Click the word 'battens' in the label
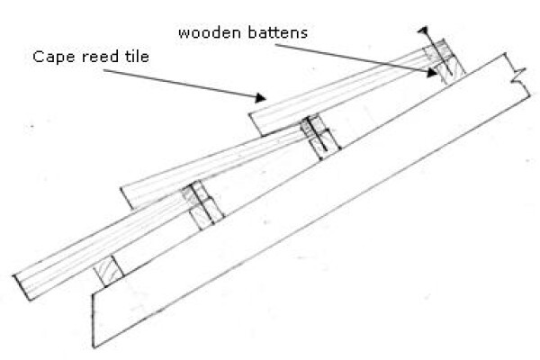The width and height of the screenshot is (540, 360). (277, 32)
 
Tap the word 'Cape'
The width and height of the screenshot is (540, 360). (53, 58)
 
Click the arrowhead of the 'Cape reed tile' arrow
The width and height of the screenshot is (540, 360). (261, 98)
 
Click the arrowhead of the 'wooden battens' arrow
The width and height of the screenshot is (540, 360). (431, 72)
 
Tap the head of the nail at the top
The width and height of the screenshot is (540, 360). (423, 30)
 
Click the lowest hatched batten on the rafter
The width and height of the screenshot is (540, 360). (109, 271)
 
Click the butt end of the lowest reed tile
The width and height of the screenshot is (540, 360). (22, 288)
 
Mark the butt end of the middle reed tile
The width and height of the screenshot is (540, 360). (127, 198)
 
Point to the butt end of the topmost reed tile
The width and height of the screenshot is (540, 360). (256, 125)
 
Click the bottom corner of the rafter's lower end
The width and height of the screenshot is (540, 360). (93, 347)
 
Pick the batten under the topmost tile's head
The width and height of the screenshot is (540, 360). (445, 62)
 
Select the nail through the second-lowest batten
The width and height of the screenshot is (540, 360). (202, 203)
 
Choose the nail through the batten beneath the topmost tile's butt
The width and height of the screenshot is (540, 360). (318, 134)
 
